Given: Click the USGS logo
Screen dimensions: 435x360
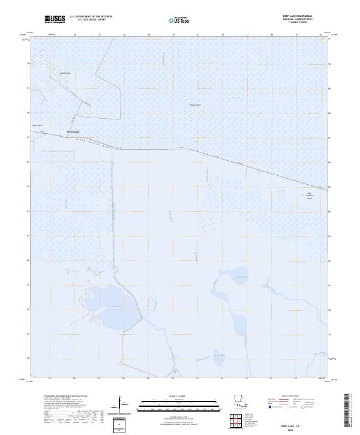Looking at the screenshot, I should pyautogui.click(x=55, y=19).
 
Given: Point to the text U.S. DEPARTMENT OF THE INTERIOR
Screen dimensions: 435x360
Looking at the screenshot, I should pyautogui.click(x=91, y=17).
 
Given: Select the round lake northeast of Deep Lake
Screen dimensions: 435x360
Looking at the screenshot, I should pyautogui.click(x=239, y=277).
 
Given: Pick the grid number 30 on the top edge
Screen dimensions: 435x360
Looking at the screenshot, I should pyautogui.click(x=173, y=35).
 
